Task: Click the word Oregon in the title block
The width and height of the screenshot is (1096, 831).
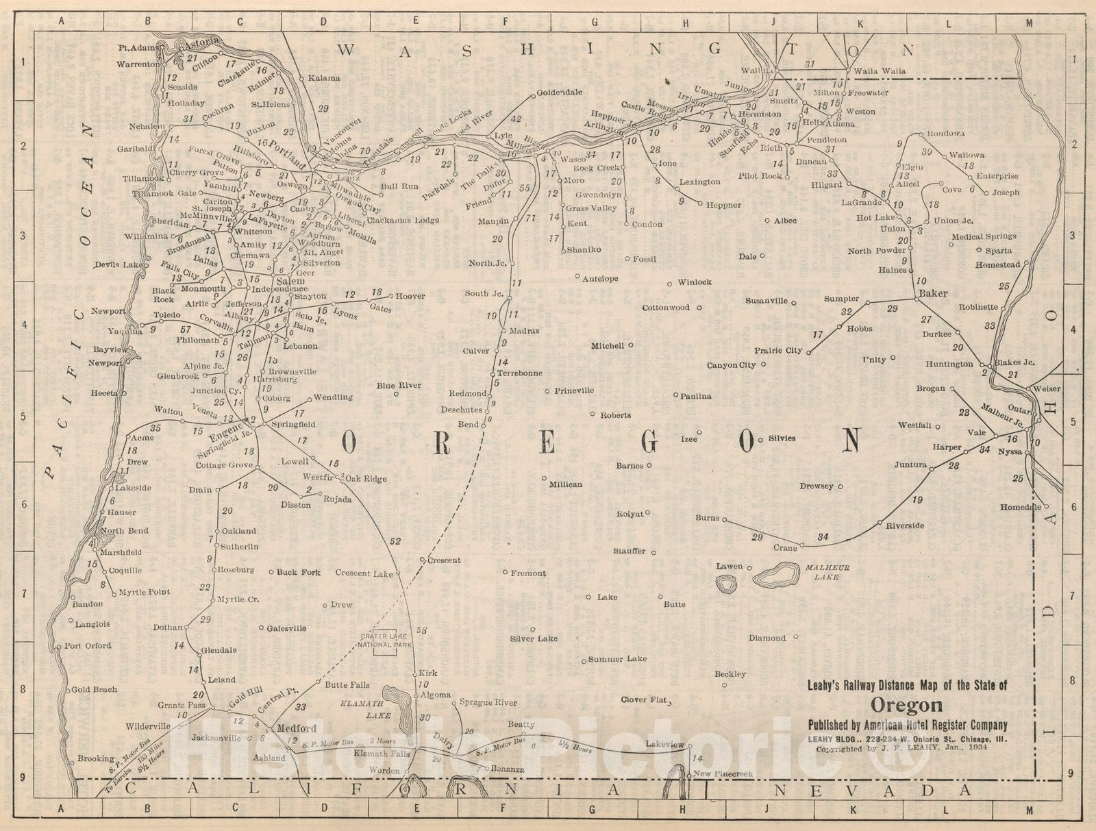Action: pyautogui.click(x=906, y=705)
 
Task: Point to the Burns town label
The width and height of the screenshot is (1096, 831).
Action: pyautogui.click(x=708, y=518)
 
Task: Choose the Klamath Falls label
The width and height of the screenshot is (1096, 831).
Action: pyautogui.click(x=382, y=754)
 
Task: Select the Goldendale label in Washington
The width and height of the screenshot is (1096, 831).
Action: pyautogui.click(x=559, y=92)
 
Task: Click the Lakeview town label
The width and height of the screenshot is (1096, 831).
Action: pyautogui.click(x=664, y=744)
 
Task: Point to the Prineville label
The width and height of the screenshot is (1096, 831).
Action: pyautogui.click(x=574, y=390)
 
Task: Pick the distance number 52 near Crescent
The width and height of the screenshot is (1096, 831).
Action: pyautogui.click(x=395, y=541)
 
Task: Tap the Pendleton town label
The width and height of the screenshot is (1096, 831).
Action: pyautogui.click(x=827, y=139)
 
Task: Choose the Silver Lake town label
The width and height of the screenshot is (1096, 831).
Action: pyautogui.click(x=534, y=638)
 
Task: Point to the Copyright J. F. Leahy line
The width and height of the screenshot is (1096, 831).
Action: pyautogui.click(x=906, y=749)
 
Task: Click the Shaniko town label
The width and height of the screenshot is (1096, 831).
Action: pyautogui.click(x=583, y=250)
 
